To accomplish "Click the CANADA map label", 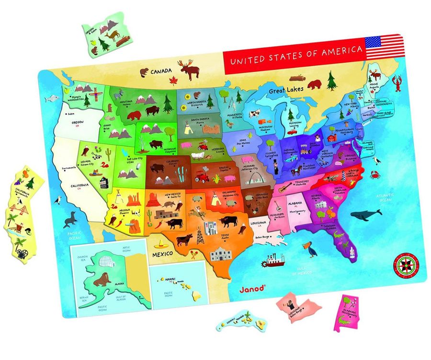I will [161, 72].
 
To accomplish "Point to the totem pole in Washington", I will [94, 94].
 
